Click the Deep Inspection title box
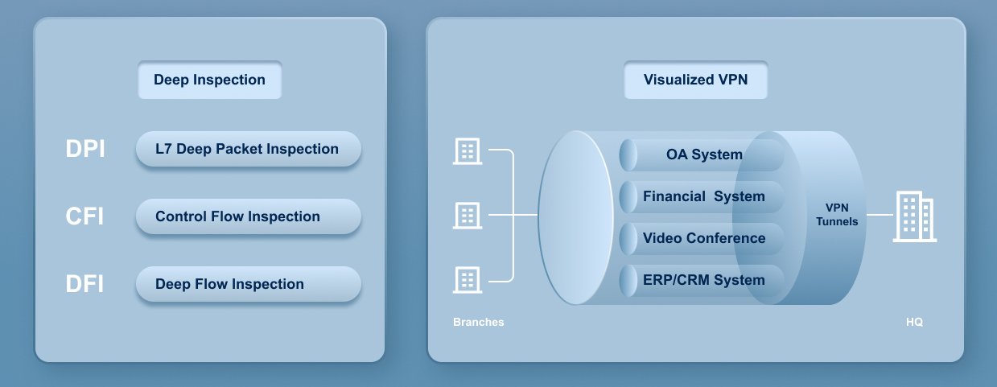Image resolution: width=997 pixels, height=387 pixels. point(209,80)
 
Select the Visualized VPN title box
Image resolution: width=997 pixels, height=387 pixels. point(695,80)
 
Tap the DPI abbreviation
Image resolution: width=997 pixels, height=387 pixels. point(85,149)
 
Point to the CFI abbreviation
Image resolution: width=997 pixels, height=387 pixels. point(84,216)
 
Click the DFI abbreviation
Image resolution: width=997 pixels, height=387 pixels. point(84,284)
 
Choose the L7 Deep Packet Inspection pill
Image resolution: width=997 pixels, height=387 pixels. point(248,149)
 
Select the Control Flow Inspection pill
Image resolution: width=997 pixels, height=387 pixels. point(248,216)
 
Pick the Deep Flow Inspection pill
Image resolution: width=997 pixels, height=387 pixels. point(248,284)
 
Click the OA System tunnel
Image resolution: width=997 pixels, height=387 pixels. point(703,154)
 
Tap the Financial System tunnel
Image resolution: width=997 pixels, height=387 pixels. point(703,196)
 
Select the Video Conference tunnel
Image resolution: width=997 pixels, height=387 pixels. point(703,238)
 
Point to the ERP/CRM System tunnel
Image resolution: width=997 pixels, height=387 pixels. point(703,280)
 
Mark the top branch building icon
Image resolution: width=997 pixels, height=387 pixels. point(468,150)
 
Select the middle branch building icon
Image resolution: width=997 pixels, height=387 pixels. point(468,215)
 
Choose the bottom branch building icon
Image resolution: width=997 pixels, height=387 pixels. point(468,279)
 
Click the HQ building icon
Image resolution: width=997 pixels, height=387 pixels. point(915,217)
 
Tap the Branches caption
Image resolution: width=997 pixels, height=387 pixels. point(479,322)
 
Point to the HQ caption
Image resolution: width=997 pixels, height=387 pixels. point(914,322)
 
